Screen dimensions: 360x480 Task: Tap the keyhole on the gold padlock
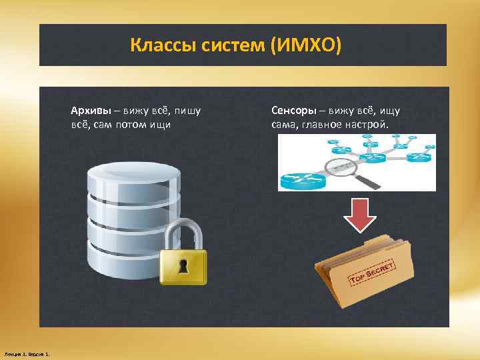(x=183, y=266)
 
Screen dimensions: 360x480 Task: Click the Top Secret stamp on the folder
(x=373, y=272)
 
